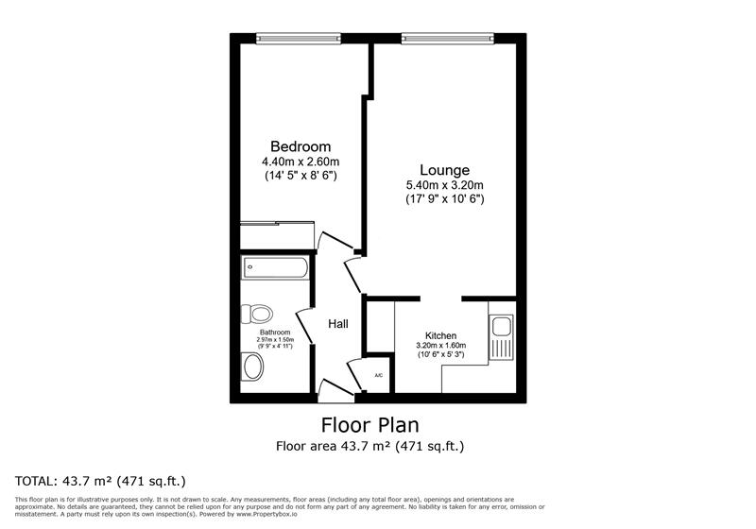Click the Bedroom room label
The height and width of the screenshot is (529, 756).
point(301,146)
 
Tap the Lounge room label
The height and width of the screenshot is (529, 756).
point(444,170)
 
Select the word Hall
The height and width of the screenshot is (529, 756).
point(338,324)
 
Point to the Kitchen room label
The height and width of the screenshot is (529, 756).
point(441,335)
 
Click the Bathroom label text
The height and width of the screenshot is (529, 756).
point(275,333)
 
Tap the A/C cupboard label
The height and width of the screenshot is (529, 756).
point(379,376)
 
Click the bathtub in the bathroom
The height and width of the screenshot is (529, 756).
point(275,268)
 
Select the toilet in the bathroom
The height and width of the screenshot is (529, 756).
point(255,313)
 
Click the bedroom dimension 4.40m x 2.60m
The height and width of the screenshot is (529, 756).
point(301,162)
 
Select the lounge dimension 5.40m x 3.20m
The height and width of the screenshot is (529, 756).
point(444,185)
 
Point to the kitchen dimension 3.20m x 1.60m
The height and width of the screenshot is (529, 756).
point(441,346)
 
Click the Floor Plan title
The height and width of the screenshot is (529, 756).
point(370,425)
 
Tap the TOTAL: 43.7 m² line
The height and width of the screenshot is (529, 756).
point(99,479)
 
